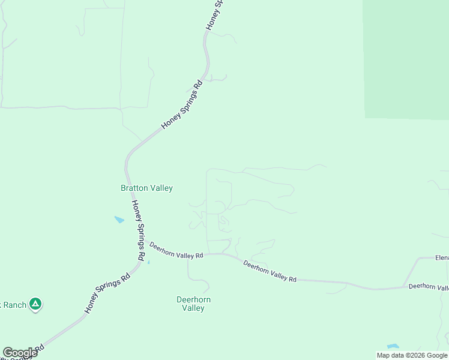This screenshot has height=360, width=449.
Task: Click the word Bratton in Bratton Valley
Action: coord(134,188)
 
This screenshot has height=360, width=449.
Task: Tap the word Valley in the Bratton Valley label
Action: coord(161,188)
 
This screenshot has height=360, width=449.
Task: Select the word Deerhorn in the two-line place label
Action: coord(193,299)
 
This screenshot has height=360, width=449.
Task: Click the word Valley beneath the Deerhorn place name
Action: coord(193,308)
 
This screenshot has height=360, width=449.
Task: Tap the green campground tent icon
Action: coord(36,304)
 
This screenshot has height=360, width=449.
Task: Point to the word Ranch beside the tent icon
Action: coord(14,305)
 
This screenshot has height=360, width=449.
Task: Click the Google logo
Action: coord(20,353)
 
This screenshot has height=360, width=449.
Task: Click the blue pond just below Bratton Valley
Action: coord(119,220)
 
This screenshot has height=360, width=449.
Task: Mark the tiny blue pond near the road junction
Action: coord(148,262)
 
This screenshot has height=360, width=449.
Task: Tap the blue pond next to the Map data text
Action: coord(393,346)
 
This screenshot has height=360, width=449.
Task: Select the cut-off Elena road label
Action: coord(442,258)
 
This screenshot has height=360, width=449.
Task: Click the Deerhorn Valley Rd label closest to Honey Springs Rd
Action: coord(176,250)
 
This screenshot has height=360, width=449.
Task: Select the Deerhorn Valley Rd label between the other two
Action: coord(270,271)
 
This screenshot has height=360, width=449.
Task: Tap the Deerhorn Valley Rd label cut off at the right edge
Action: coord(429,287)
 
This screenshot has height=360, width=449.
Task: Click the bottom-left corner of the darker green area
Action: coord(364,117)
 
